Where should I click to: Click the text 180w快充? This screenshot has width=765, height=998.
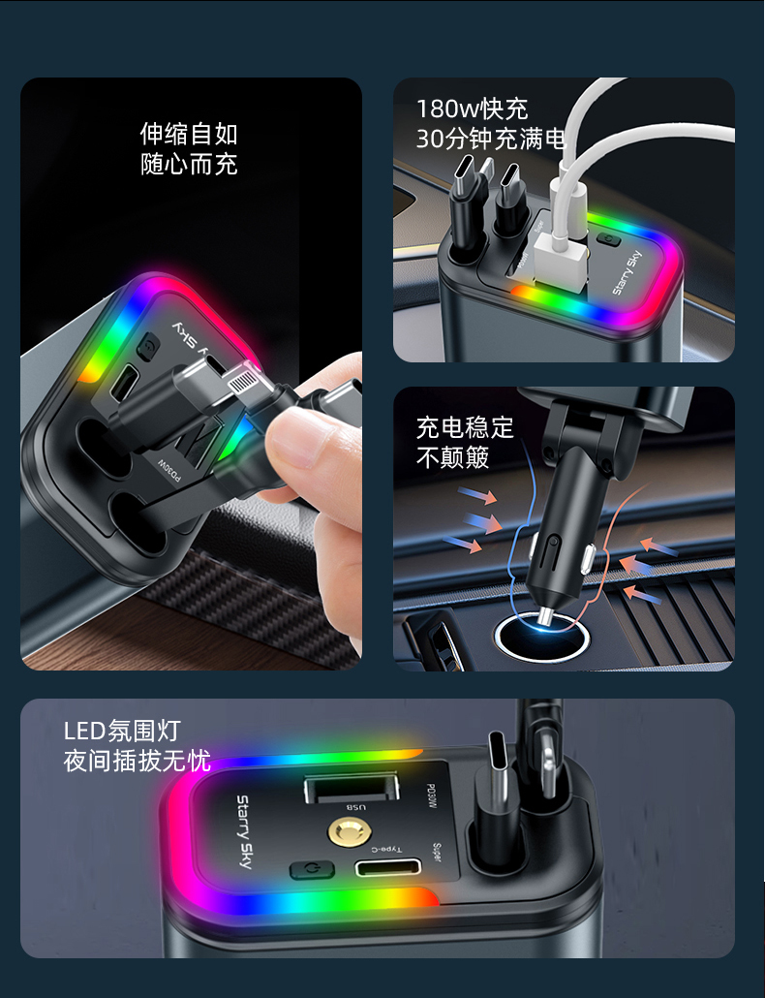472,109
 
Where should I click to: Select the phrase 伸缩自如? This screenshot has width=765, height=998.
189,134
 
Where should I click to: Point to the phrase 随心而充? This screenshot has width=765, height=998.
189,164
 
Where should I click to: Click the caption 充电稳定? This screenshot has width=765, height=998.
465,427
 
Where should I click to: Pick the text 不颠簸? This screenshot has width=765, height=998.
452,457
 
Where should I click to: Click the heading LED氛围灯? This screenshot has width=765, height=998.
122,731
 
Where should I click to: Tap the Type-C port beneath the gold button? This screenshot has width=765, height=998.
386,867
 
